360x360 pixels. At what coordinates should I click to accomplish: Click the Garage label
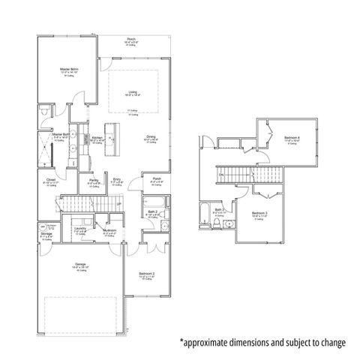(x=80, y=264)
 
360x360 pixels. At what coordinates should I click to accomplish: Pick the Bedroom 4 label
(x=292, y=138)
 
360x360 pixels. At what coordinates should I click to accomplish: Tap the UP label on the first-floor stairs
(x=97, y=204)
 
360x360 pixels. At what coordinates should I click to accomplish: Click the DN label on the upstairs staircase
(x=221, y=175)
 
